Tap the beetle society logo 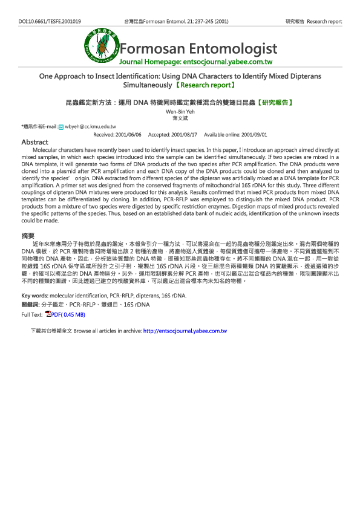tap(101, 47)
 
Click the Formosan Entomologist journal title tap(198, 49)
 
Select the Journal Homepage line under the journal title tap(196, 62)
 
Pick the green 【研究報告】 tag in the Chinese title tap(276, 103)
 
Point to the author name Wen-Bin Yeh tap(180, 112)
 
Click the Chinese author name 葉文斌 tap(180, 118)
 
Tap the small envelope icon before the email tap(61, 127)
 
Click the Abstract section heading tap(34, 142)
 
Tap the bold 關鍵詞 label tap(30, 305)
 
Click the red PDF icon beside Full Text tap(48, 314)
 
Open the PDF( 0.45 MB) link tap(68, 314)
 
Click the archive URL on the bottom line tap(185, 331)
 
